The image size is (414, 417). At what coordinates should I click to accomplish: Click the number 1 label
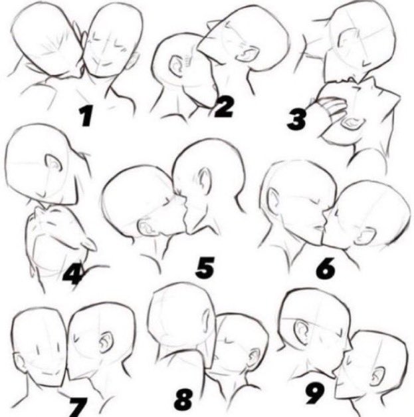[86, 117]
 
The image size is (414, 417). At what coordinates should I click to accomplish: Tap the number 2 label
[223, 106]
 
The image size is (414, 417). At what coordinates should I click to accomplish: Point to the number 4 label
[72, 271]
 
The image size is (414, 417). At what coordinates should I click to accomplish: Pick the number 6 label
[326, 269]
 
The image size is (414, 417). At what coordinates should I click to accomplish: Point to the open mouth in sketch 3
[354, 124]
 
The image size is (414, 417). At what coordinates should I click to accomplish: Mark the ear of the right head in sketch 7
[105, 343]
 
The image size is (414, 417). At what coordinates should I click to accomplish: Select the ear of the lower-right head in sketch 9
[376, 376]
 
